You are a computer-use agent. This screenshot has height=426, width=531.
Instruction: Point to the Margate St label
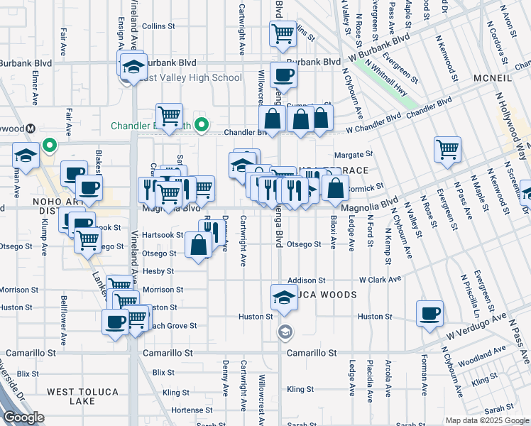point(353,154)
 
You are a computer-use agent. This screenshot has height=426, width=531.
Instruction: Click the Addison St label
point(306,280)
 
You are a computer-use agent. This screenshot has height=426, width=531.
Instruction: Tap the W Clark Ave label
point(381,280)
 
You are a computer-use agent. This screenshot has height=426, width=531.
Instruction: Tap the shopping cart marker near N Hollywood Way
point(447,150)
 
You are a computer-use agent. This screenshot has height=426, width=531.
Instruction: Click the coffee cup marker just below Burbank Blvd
point(283,75)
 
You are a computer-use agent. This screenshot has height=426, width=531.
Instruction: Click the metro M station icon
point(31,129)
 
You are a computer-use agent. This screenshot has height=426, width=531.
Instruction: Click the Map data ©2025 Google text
point(486,420)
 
